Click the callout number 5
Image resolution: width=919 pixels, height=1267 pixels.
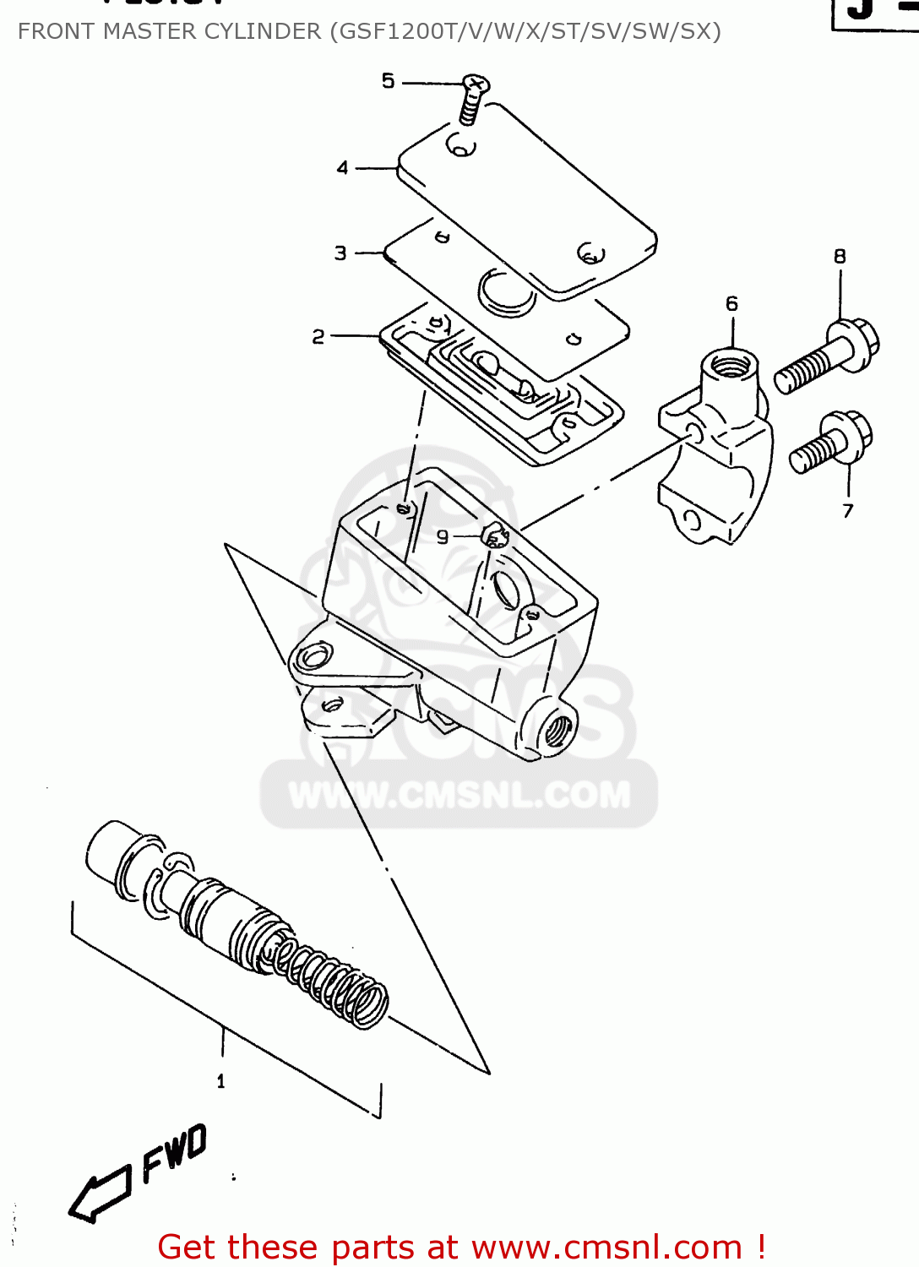click(388, 81)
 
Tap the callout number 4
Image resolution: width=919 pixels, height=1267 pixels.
click(342, 168)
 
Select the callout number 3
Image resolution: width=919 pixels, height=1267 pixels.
click(340, 253)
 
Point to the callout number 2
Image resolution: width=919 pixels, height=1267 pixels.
click(318, 337)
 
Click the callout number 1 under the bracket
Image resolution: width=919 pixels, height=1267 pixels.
click(221, 1081)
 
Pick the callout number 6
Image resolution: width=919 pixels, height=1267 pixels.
click(731, 303)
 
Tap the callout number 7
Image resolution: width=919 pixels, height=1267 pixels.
click(848, 510)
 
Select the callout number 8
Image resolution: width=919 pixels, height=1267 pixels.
click(840, 256)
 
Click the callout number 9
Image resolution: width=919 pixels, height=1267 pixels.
click(443, 536)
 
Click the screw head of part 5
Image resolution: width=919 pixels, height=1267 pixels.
click(476, 84)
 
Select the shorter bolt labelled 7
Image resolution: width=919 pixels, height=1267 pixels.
click(831, 443)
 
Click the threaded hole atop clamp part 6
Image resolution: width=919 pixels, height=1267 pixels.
click(730, 366)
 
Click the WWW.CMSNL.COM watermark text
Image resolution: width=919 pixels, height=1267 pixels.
click(459, 795)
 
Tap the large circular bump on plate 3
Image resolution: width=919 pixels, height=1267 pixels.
click(506, 293)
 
